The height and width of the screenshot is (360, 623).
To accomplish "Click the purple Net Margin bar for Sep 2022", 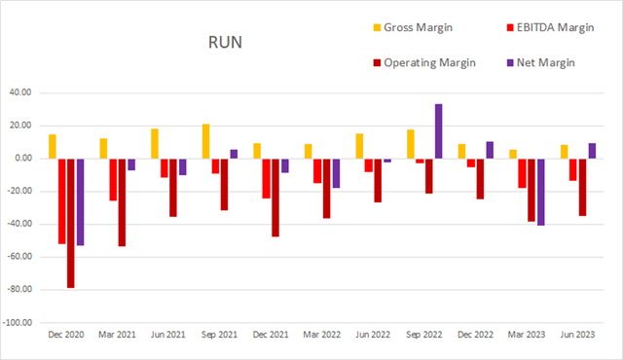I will click(x=438, y=131).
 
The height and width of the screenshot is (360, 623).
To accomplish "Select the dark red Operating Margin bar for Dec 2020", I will click(x=71, y=223).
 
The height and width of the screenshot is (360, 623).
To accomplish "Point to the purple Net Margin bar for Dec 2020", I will click(x=80, y=201).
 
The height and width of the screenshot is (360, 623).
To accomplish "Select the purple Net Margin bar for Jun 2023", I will click(x=592, y=151).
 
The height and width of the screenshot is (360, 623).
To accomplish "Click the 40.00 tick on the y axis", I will click(x=21, y=92).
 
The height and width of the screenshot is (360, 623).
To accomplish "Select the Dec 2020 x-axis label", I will click(x=66, y=334).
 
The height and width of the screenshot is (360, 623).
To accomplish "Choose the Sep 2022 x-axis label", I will click(x=424, y=334).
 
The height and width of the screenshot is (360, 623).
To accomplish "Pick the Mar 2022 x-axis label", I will click(x=322, y=334).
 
